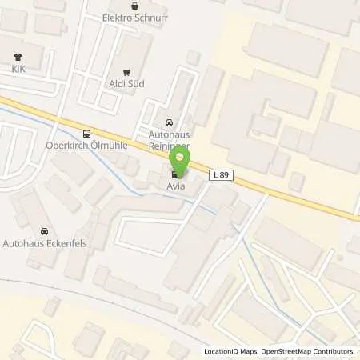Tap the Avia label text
point(176,187)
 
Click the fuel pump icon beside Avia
point(175,175)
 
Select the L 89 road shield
point(222,174)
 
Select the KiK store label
point(18,70)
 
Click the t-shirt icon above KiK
point(18,57)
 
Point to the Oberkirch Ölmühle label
point(87,146)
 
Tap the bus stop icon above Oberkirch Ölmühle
point(86,134)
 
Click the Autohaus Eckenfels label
point(43,242)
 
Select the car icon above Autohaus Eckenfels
point(43,230)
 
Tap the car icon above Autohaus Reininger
point(168,123)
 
